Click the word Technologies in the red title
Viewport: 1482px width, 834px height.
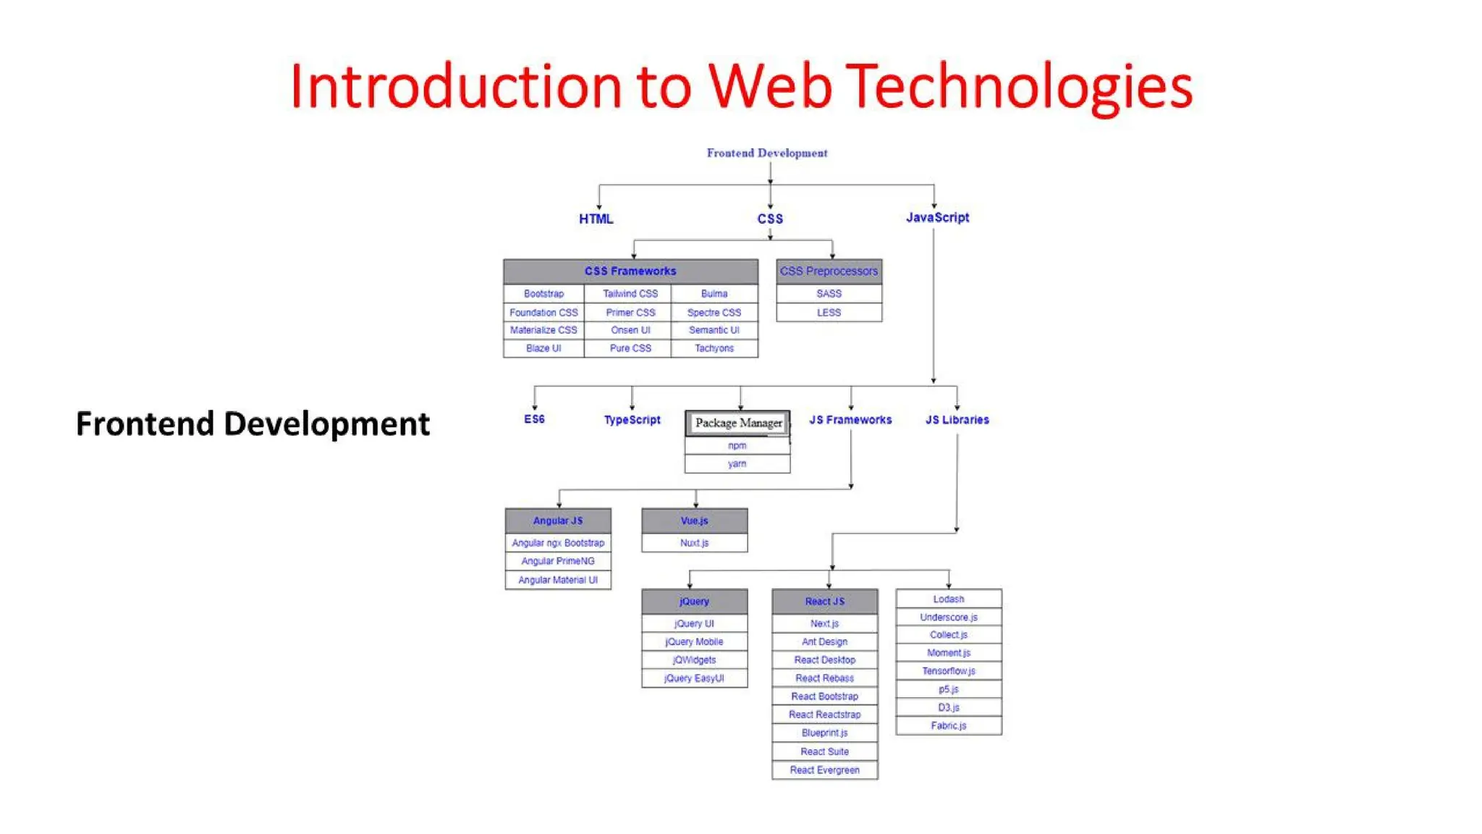click(x=1019, y=87)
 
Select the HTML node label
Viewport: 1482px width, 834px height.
click(x=596, y=219)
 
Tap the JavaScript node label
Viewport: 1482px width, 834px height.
click(x=937, y=217)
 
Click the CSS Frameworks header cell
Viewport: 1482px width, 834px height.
click(x=630, y=271)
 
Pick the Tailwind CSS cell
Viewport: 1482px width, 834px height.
click(x=630, y=293)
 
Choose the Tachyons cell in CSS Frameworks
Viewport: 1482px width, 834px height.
click(x=714, y=348)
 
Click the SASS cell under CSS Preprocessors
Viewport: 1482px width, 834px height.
click(x=829, y=293)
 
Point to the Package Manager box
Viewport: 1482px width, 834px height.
click(x=738, y=423)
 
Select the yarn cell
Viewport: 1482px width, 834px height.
click(x=737, y=463)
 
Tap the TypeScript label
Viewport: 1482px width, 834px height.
click(x=632, y=420)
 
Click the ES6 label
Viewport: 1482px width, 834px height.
click(x=534, y=419)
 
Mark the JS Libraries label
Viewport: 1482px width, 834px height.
click(x=957, y=420)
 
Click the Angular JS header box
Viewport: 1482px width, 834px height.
click(x=557, y=521)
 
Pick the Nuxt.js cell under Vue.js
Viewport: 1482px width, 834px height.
click(x=694, y=542)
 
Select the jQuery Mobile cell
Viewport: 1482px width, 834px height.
click(x=694, y=641)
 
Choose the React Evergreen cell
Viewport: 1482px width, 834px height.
click(x=824, y=770)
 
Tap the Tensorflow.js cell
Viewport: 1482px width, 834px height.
click(x=948, y=671)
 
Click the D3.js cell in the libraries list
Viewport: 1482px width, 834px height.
click(x=948, y=707)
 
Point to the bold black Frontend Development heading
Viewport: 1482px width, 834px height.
click(x=253, y=424)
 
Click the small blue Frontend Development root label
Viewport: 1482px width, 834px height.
click(x=766, y=153)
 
